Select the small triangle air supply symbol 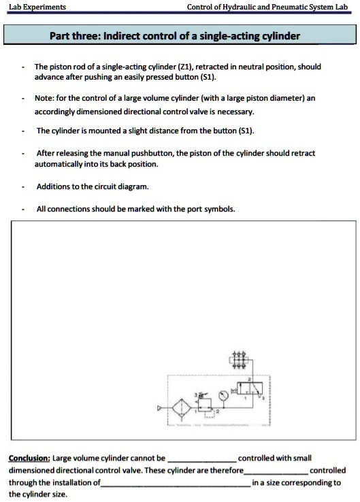coord(161,409)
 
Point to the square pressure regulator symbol coord(202,407)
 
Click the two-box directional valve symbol coord(252,390)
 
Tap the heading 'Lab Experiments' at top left coord(37,7)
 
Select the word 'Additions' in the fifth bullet coord(53,186)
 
